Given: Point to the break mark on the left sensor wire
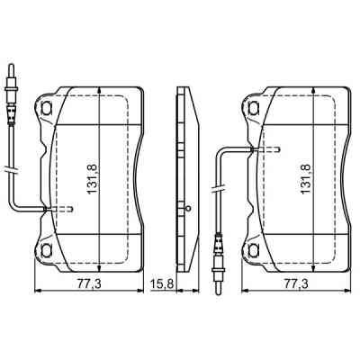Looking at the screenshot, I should pyautogui.click(x=10, y=166).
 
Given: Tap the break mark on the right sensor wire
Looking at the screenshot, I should pyautogui.click(x=218, y=188).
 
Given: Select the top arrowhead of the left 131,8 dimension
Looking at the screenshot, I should pyautogui.click(x=98, y=92).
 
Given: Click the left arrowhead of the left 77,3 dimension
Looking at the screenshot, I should pyautogui.click(x=37, y=291).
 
